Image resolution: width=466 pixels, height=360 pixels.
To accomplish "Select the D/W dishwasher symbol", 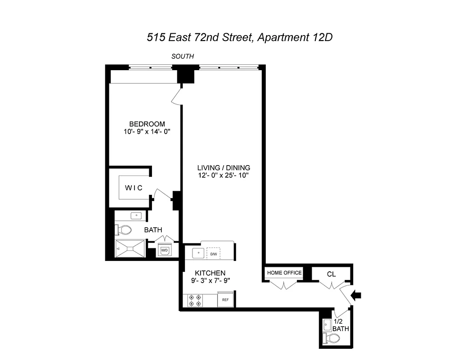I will point(214,254).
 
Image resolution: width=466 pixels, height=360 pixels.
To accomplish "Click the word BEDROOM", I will point(147,124).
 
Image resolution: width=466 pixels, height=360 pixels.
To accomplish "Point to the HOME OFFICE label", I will point(284,273).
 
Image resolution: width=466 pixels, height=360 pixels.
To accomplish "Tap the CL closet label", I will point(331,273).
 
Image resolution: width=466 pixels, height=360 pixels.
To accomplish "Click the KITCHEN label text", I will point(210,273).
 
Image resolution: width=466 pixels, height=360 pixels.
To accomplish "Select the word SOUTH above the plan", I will point(183,56).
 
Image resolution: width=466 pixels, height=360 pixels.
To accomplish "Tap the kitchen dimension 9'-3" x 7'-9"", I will point(210,281).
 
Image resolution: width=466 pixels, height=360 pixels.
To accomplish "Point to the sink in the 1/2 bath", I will point(326,324).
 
